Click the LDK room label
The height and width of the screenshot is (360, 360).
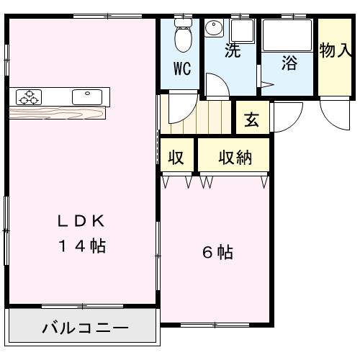81,219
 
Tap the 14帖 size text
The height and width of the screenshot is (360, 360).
81,246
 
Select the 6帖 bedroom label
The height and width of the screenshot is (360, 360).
215,253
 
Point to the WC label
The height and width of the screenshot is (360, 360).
182,70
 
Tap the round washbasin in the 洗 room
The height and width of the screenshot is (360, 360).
215,29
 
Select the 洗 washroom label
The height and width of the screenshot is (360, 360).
231,51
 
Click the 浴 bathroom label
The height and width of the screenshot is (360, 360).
289,63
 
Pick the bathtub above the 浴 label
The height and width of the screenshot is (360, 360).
286,34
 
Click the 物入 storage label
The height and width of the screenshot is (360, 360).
335,51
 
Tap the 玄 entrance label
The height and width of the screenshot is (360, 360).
251,120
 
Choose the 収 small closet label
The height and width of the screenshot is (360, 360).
176,158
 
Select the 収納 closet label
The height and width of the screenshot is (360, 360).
235,158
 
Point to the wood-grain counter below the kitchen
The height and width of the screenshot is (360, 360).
58,112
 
